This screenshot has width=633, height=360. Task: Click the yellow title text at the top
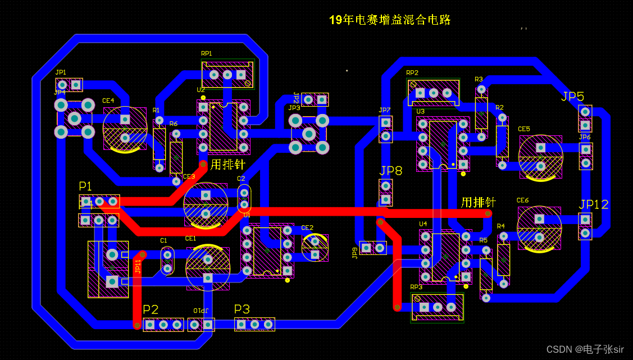click(389, 20)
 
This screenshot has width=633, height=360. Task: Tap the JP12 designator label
click(593, 204)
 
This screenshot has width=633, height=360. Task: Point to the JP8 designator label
click(391, 171)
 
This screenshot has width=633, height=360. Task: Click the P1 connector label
click(85, 186)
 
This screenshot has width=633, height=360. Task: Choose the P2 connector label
click(151, 309)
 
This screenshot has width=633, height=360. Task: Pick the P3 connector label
click(242, 309)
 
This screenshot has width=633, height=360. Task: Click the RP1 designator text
click(207, 54)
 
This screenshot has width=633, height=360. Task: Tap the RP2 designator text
click(412, 73)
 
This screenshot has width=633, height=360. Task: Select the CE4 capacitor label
click(108, 101)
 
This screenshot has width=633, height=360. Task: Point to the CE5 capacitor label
click(524, 129)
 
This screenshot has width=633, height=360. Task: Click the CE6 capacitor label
click(522, 200)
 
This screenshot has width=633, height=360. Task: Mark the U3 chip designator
click(421, 112)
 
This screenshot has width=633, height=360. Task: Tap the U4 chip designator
click(423, 224)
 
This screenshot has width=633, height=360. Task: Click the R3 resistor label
click(479, 80)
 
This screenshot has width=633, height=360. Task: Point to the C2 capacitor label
click(241, 179)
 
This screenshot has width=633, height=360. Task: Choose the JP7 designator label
click(384, 110)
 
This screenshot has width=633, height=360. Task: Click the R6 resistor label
click(173, 124)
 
